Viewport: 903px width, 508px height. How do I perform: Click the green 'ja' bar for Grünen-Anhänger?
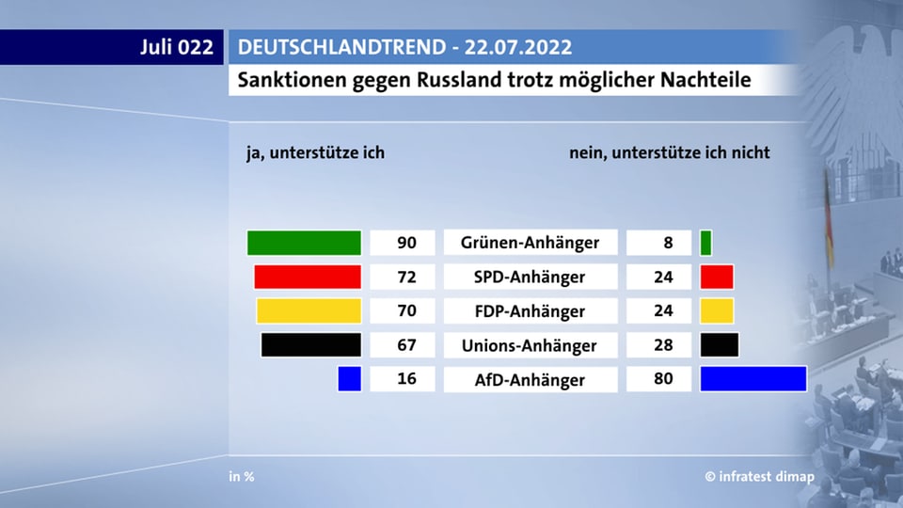(x=304, y=243)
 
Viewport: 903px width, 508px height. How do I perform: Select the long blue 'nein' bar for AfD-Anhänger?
(x=753, y=379)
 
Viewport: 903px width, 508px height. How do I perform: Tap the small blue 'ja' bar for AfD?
(x=349, y=379)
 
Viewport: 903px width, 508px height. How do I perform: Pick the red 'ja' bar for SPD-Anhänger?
(x=308, y=277)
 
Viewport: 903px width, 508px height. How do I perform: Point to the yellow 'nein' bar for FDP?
(x=717, y=310)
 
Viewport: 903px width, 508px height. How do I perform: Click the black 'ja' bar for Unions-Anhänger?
(x=310, y=344)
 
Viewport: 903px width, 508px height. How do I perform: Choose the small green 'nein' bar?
(x=705, y=243)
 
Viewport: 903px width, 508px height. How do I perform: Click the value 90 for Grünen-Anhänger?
(x=406, y=243)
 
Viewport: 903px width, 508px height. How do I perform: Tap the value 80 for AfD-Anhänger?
(x=662, y=379)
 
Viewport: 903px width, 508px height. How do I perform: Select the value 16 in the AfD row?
(x=406, y=379)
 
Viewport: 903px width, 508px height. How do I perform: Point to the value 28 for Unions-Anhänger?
(x=662, y=344)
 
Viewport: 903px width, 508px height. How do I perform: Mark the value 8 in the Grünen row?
(x=668, y=243)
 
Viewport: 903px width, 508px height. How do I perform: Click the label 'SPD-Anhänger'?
(x=530, y=277)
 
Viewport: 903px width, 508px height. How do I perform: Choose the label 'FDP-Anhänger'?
(x=530, y=310)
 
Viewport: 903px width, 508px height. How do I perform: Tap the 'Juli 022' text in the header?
(x=177, y=47)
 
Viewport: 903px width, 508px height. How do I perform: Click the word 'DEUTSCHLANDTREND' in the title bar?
(x=323, y=47)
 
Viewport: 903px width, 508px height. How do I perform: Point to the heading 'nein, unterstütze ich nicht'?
(x=670, y=151)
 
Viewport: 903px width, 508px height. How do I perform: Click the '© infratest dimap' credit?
(x=760, y=477)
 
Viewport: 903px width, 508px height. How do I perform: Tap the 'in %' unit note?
(x=242, y=477)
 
